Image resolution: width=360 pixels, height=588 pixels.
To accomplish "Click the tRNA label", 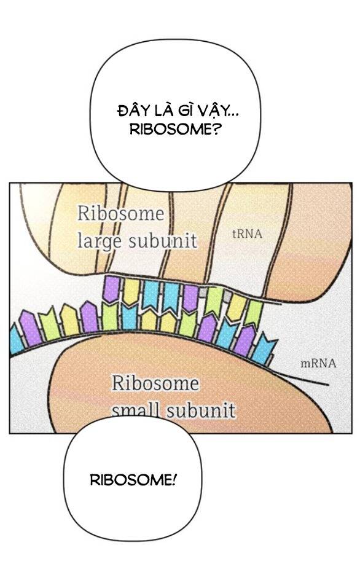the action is (x=247, y=234).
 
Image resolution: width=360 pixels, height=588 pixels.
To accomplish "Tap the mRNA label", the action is (x=318, y=363).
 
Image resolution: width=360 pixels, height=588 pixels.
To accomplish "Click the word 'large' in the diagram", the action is (x=100, y=241).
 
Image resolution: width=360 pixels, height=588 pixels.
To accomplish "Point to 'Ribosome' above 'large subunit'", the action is (x=121, y=214).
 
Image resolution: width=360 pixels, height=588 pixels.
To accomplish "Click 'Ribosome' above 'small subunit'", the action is (x=155, y=383).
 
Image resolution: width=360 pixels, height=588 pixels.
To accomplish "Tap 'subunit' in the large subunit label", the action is (x=162, y=241).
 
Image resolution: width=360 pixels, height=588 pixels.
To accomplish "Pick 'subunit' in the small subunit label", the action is (x=201, y=410).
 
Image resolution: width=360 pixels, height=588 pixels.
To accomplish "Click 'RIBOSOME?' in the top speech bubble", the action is (x=175, y=130).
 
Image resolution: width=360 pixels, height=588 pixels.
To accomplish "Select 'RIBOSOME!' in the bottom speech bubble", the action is (x=133, y=480).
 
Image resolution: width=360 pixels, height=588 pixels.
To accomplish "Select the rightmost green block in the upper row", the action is (x=254, y=313).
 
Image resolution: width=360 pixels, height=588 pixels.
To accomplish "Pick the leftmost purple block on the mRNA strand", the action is (x=30, y=327).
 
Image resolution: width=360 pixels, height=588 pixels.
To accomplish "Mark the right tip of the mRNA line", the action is (x=329, y=385).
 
